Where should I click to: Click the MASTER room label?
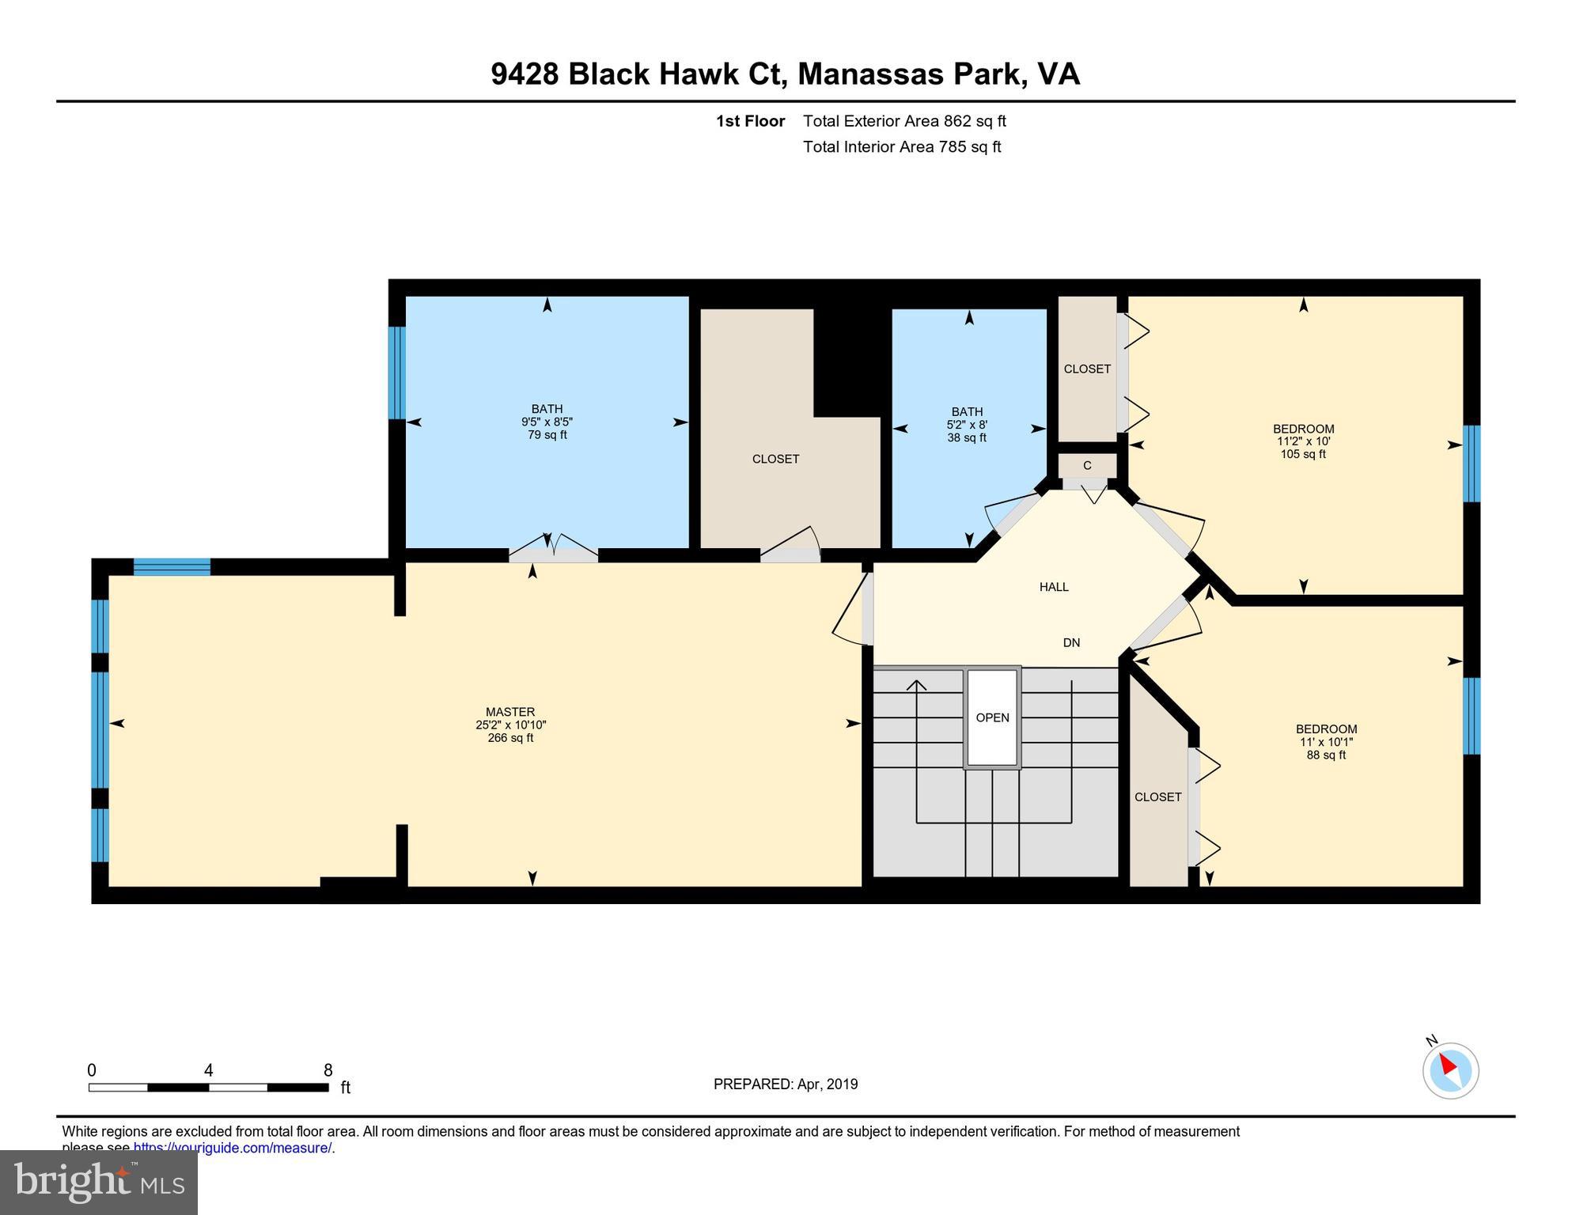point(510,712)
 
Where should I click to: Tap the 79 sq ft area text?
point(547,435)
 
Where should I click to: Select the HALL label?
point(1054,587)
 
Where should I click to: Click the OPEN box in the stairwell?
point(992,717)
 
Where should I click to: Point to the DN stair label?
point(1071,643)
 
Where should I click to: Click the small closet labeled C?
point(1087,465)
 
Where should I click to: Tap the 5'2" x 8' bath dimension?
point(967,425)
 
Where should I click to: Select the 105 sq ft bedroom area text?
point(1303,455)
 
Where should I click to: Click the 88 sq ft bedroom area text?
point(1326,755)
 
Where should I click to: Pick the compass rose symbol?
point(1450,1070)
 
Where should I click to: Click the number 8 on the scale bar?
point(328,1070)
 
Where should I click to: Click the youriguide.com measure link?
point(232,1148)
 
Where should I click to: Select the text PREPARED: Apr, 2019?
point(785,1084)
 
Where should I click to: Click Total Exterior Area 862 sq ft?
point(904,121)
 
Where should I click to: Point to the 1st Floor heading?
point(750,121)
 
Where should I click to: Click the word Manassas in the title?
point(870,74)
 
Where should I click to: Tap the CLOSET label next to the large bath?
point(775,459)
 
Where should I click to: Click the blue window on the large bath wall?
point(396,373)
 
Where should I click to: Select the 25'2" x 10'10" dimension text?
point(510,725)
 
